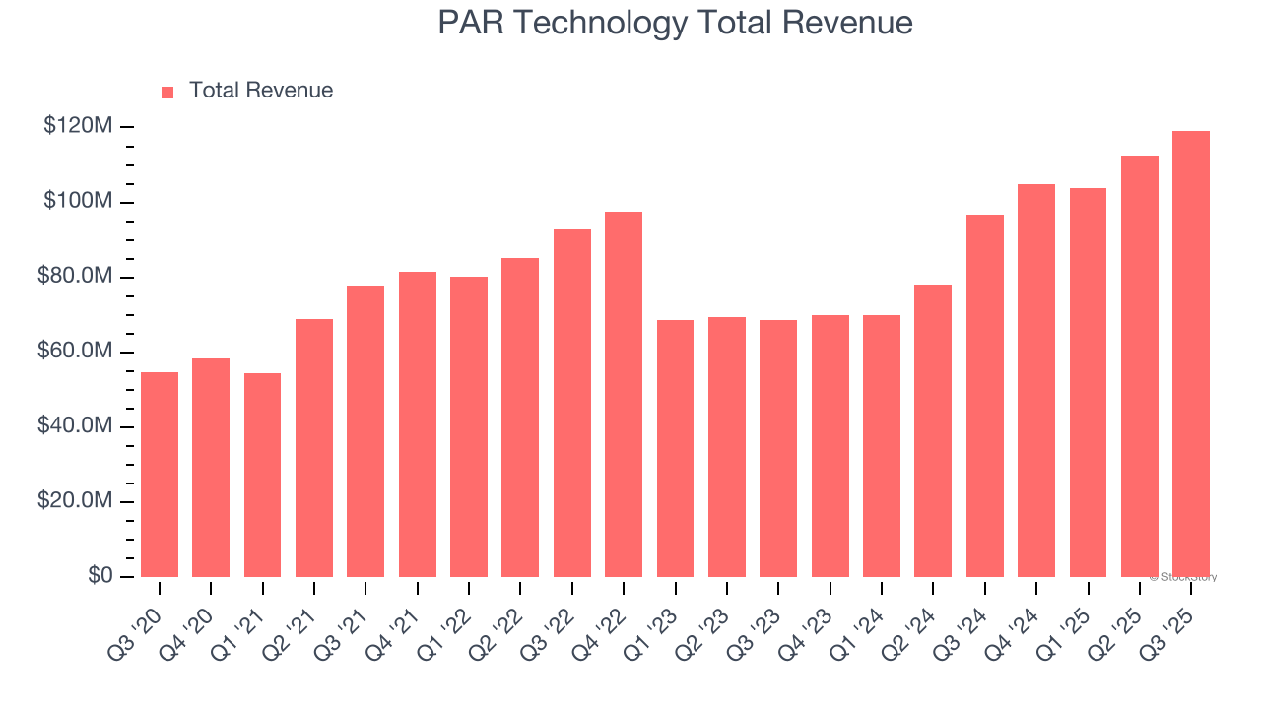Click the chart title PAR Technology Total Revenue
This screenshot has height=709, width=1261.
(675, 23)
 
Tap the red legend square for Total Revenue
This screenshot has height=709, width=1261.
(167, 92)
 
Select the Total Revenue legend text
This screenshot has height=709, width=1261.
(260, 91)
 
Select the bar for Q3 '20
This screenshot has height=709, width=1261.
(160, 475)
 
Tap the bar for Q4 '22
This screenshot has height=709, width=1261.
(624, 394)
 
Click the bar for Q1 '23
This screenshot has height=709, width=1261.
(675, 448)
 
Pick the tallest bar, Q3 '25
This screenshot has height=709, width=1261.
(1191, 354)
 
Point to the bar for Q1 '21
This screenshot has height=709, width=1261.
(262, 475)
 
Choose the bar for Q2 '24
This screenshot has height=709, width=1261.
(933, 430)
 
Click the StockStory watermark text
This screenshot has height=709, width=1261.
(1183, 577)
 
